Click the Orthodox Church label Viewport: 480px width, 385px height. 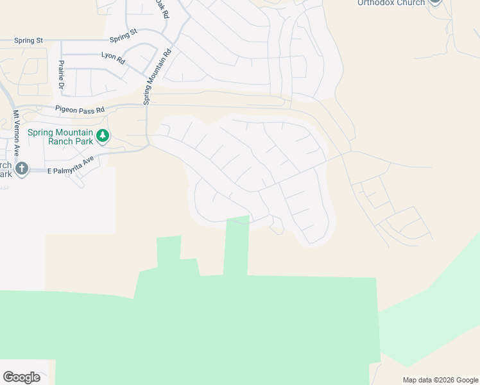coord(391,3)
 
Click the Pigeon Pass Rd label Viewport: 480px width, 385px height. coord(80,110)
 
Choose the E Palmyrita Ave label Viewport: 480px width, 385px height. coord(71,165)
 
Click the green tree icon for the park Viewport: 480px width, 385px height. coord(103,136)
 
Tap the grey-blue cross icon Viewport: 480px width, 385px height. coord(22,169)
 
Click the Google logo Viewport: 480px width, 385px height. coord(21,377)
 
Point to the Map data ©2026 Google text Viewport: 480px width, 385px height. coord(440,380)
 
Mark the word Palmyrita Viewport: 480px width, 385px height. coord(74,164)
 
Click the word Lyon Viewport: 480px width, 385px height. coord(107,55)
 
